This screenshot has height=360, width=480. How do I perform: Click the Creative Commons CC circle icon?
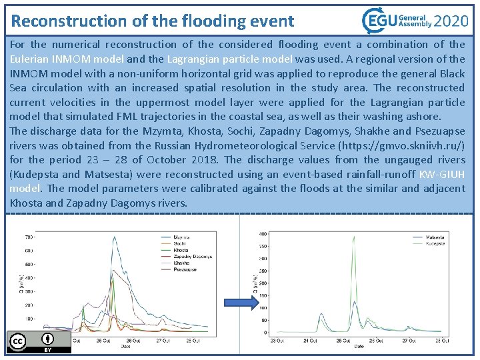[17, 341]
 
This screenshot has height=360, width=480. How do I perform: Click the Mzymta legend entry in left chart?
[181, 237]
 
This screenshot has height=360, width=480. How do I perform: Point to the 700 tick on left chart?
[30, 237]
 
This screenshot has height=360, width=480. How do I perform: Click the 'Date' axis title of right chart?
[358, 347]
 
